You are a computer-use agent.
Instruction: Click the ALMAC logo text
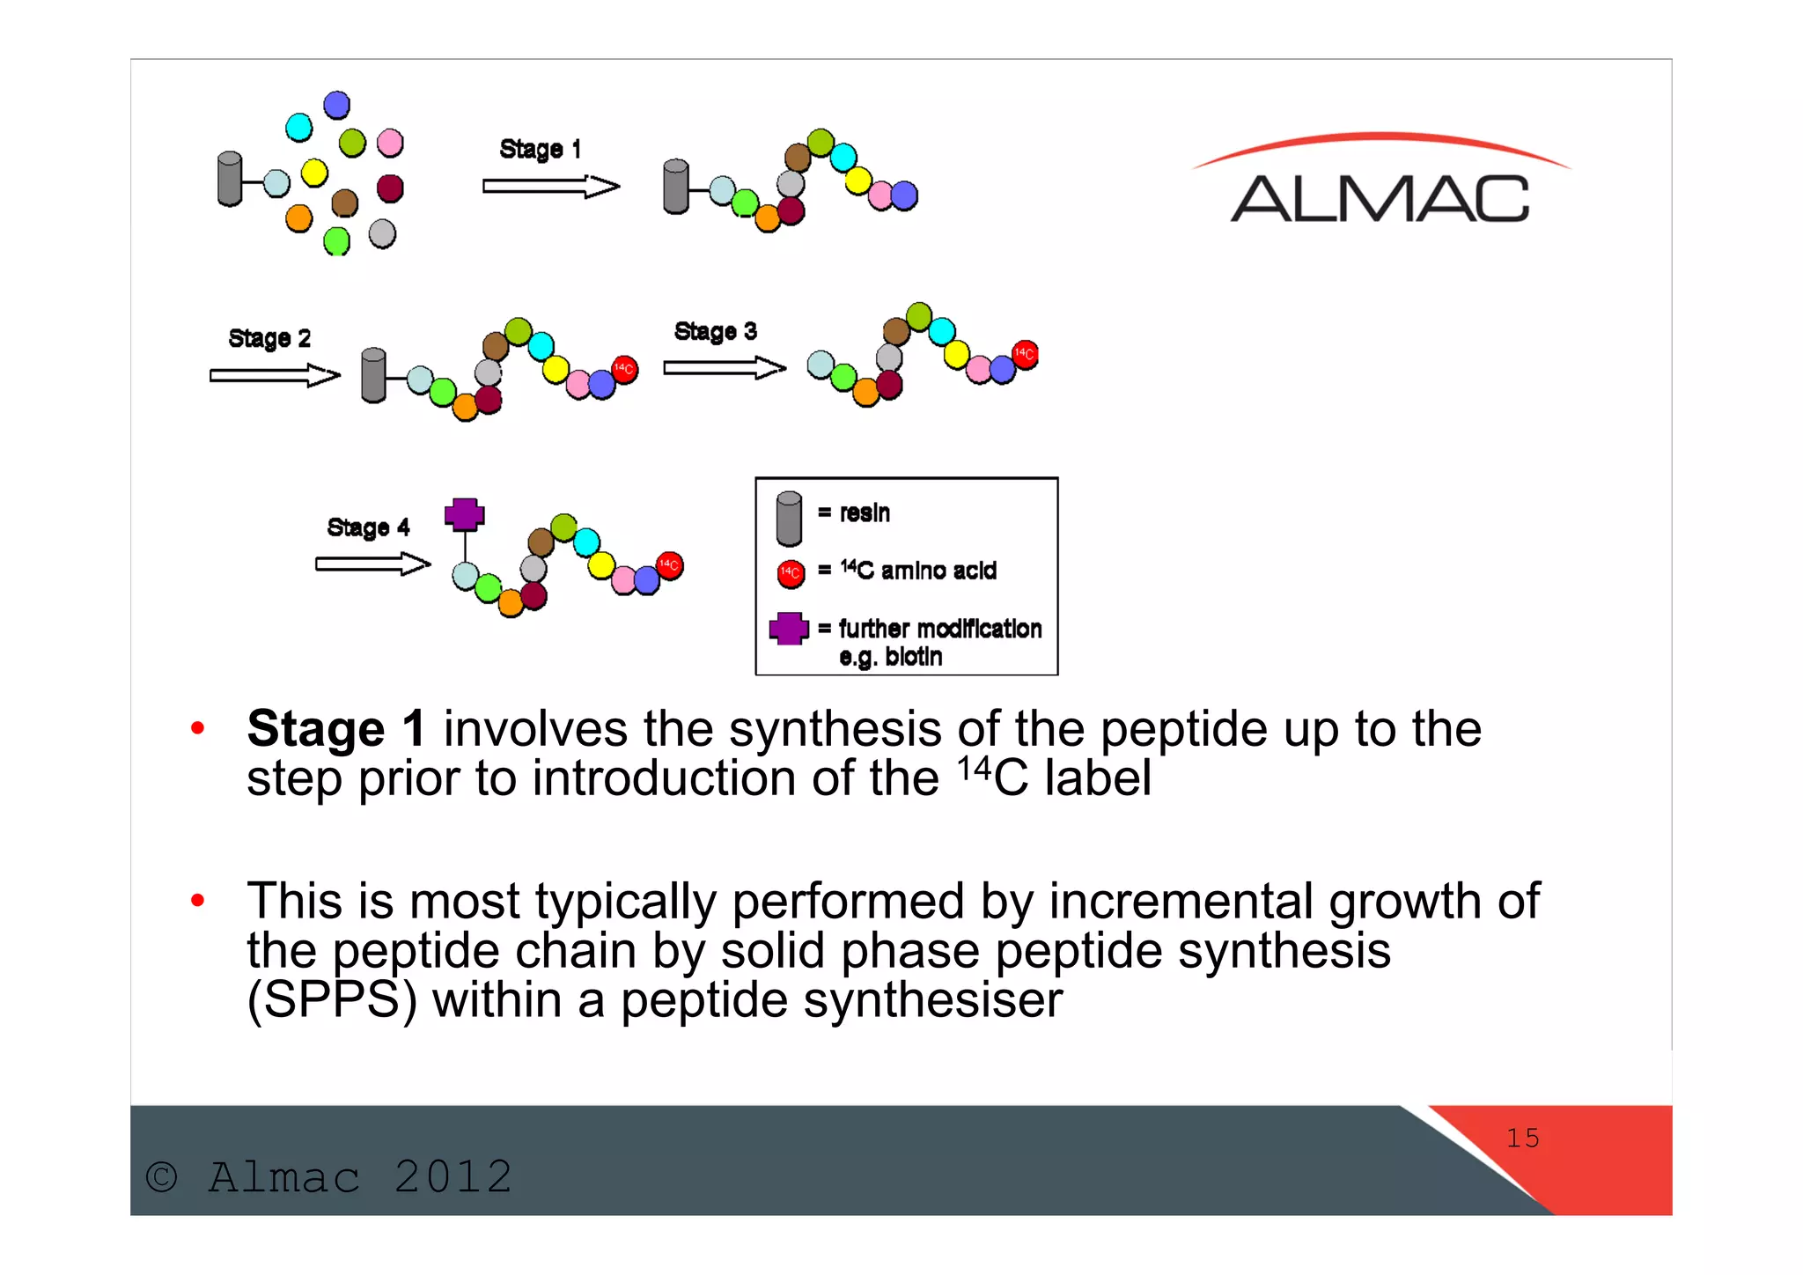pos(1379,198)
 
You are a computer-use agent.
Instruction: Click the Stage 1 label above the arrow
pos(540,149)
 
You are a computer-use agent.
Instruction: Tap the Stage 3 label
pos(715,331)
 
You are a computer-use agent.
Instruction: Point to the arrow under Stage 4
pos(372,564)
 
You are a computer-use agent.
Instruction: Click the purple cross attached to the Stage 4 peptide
pos(464,513)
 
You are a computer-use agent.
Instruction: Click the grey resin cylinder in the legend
pos(789,519)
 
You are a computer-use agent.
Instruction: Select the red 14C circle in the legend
pos(791,573)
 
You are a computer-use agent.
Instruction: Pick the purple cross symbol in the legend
pos(789,628)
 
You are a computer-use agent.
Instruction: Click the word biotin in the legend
pos(913,657)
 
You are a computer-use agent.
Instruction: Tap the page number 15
pos(1522,1138)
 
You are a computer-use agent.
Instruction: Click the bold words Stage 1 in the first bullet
pos(335,729)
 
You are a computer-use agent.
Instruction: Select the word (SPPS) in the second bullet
pos(331,1000)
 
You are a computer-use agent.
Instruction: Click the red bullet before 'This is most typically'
pos(198,900)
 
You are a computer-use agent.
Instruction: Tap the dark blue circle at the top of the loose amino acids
pos(336,106)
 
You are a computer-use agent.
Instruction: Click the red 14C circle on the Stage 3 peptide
pos(1025,354)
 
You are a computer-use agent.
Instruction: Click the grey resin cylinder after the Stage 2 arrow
pos(373,375)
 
